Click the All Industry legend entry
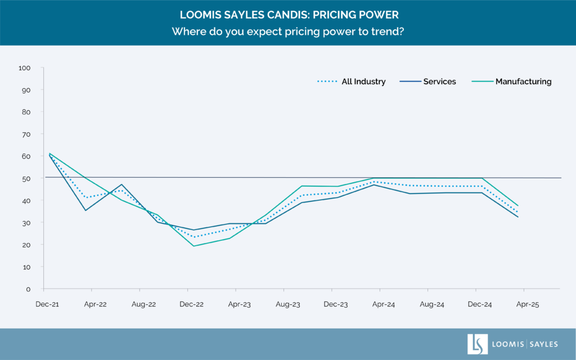(363, 82)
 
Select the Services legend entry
(439, 82)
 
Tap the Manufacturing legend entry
(523, 82)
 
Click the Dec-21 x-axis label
(47, 304)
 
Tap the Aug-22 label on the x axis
(143, 304)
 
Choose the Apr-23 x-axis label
(239, 304)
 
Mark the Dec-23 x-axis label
(335, 304)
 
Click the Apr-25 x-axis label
(527, 304)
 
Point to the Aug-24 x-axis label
(431, 304)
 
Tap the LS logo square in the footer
(478, 344)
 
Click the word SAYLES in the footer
(542, 344)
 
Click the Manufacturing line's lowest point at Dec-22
(193, 246)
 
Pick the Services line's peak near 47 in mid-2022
(121, 184)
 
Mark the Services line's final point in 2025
(518, 217)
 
